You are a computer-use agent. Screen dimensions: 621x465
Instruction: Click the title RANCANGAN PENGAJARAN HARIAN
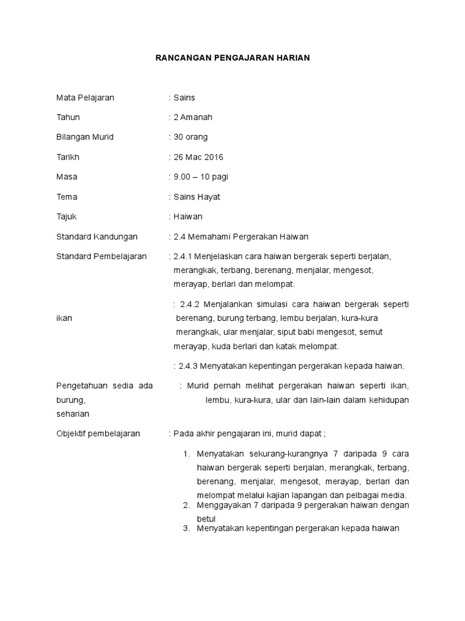[232, 58]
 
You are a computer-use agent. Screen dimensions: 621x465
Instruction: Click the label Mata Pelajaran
[85, 97]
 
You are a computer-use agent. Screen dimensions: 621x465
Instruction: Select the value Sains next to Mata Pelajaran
[184, 97]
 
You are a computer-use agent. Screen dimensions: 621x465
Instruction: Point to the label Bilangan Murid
[85, 137]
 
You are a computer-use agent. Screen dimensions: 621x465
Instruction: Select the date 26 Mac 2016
[198, 157]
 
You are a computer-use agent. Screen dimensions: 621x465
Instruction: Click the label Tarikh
[68, 157]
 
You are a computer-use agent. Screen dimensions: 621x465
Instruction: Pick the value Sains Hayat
[197, 197]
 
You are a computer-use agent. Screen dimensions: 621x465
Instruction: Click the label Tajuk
[67, 217]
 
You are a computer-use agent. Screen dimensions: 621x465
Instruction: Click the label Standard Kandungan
[97, 237]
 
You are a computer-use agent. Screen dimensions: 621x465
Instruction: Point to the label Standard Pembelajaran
[102, 257]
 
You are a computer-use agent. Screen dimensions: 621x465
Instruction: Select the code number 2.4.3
[188, 366]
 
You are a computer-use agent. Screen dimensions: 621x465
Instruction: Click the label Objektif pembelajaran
[98, 434]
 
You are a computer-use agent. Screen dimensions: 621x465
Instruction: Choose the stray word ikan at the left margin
[64, 318]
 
